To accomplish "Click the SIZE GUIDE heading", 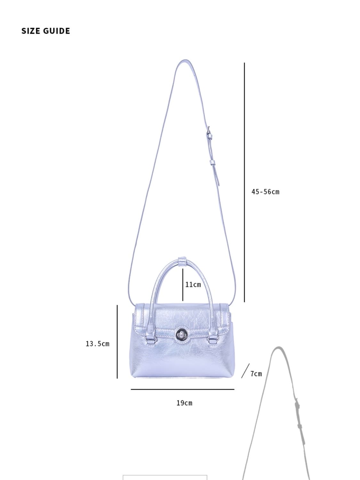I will pos(46,31).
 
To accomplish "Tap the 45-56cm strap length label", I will pos(265,192).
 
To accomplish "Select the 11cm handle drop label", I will pos(193,284).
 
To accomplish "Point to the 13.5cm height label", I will pos(98,344).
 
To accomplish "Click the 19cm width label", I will pos(184,403).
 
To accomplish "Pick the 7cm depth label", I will pos(256,373).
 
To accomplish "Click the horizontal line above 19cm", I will pos(182,389).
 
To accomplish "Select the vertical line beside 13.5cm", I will pos(117,341).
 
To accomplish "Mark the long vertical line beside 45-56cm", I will pos(244,182).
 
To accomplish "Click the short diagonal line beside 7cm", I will pos(245,371).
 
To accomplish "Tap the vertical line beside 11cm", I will pos(183,285).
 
